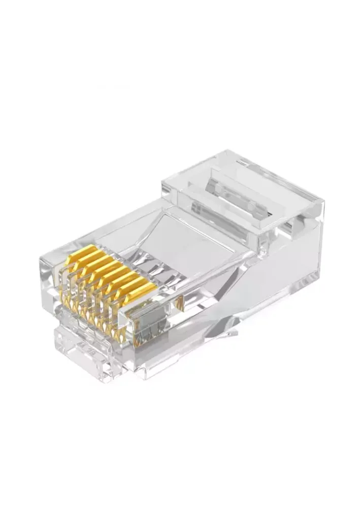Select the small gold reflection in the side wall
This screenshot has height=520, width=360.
pos(179,304)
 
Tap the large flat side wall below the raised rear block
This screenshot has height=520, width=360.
pos(274,274)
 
